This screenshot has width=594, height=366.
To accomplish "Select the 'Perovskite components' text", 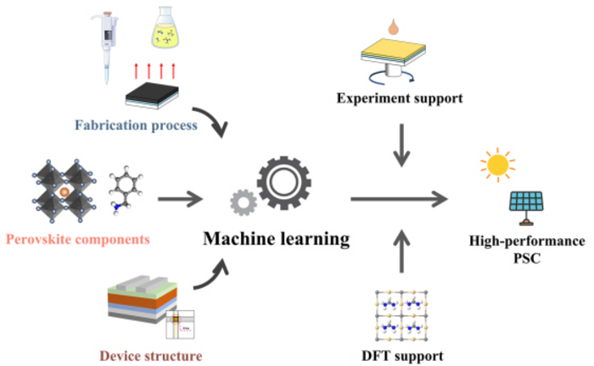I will coord(78,240).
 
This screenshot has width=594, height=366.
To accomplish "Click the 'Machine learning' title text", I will coord(276,240).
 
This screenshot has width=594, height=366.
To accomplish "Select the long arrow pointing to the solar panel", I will coord(399,201).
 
